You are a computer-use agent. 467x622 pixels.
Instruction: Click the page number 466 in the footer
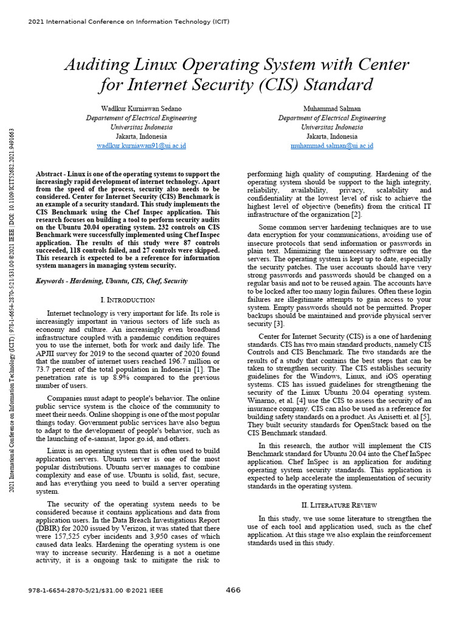pyautogui.click(x=233, y=590)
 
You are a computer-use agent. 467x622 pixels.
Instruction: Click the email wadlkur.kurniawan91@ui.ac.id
pyautogui.click(x=141, y=146)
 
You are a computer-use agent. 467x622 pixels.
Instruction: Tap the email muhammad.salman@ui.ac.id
pyautogui.click(x=332, y=146)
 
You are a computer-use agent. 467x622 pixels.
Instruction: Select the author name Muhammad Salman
pyautogui.click(x=332, y=109)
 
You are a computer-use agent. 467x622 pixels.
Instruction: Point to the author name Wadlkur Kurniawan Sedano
pyautogui.click(x=141, y=109)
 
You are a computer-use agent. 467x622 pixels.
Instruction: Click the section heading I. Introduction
pyautogui.click(x=126, y=300)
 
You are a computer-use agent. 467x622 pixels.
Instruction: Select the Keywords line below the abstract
pyautogui.click(x=112, y=281)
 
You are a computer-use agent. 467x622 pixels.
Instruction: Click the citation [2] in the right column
pyautogui.click(x=356, y=215)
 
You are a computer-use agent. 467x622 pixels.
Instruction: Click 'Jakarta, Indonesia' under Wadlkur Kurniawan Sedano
pyautogui.click(x=141, y=137)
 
